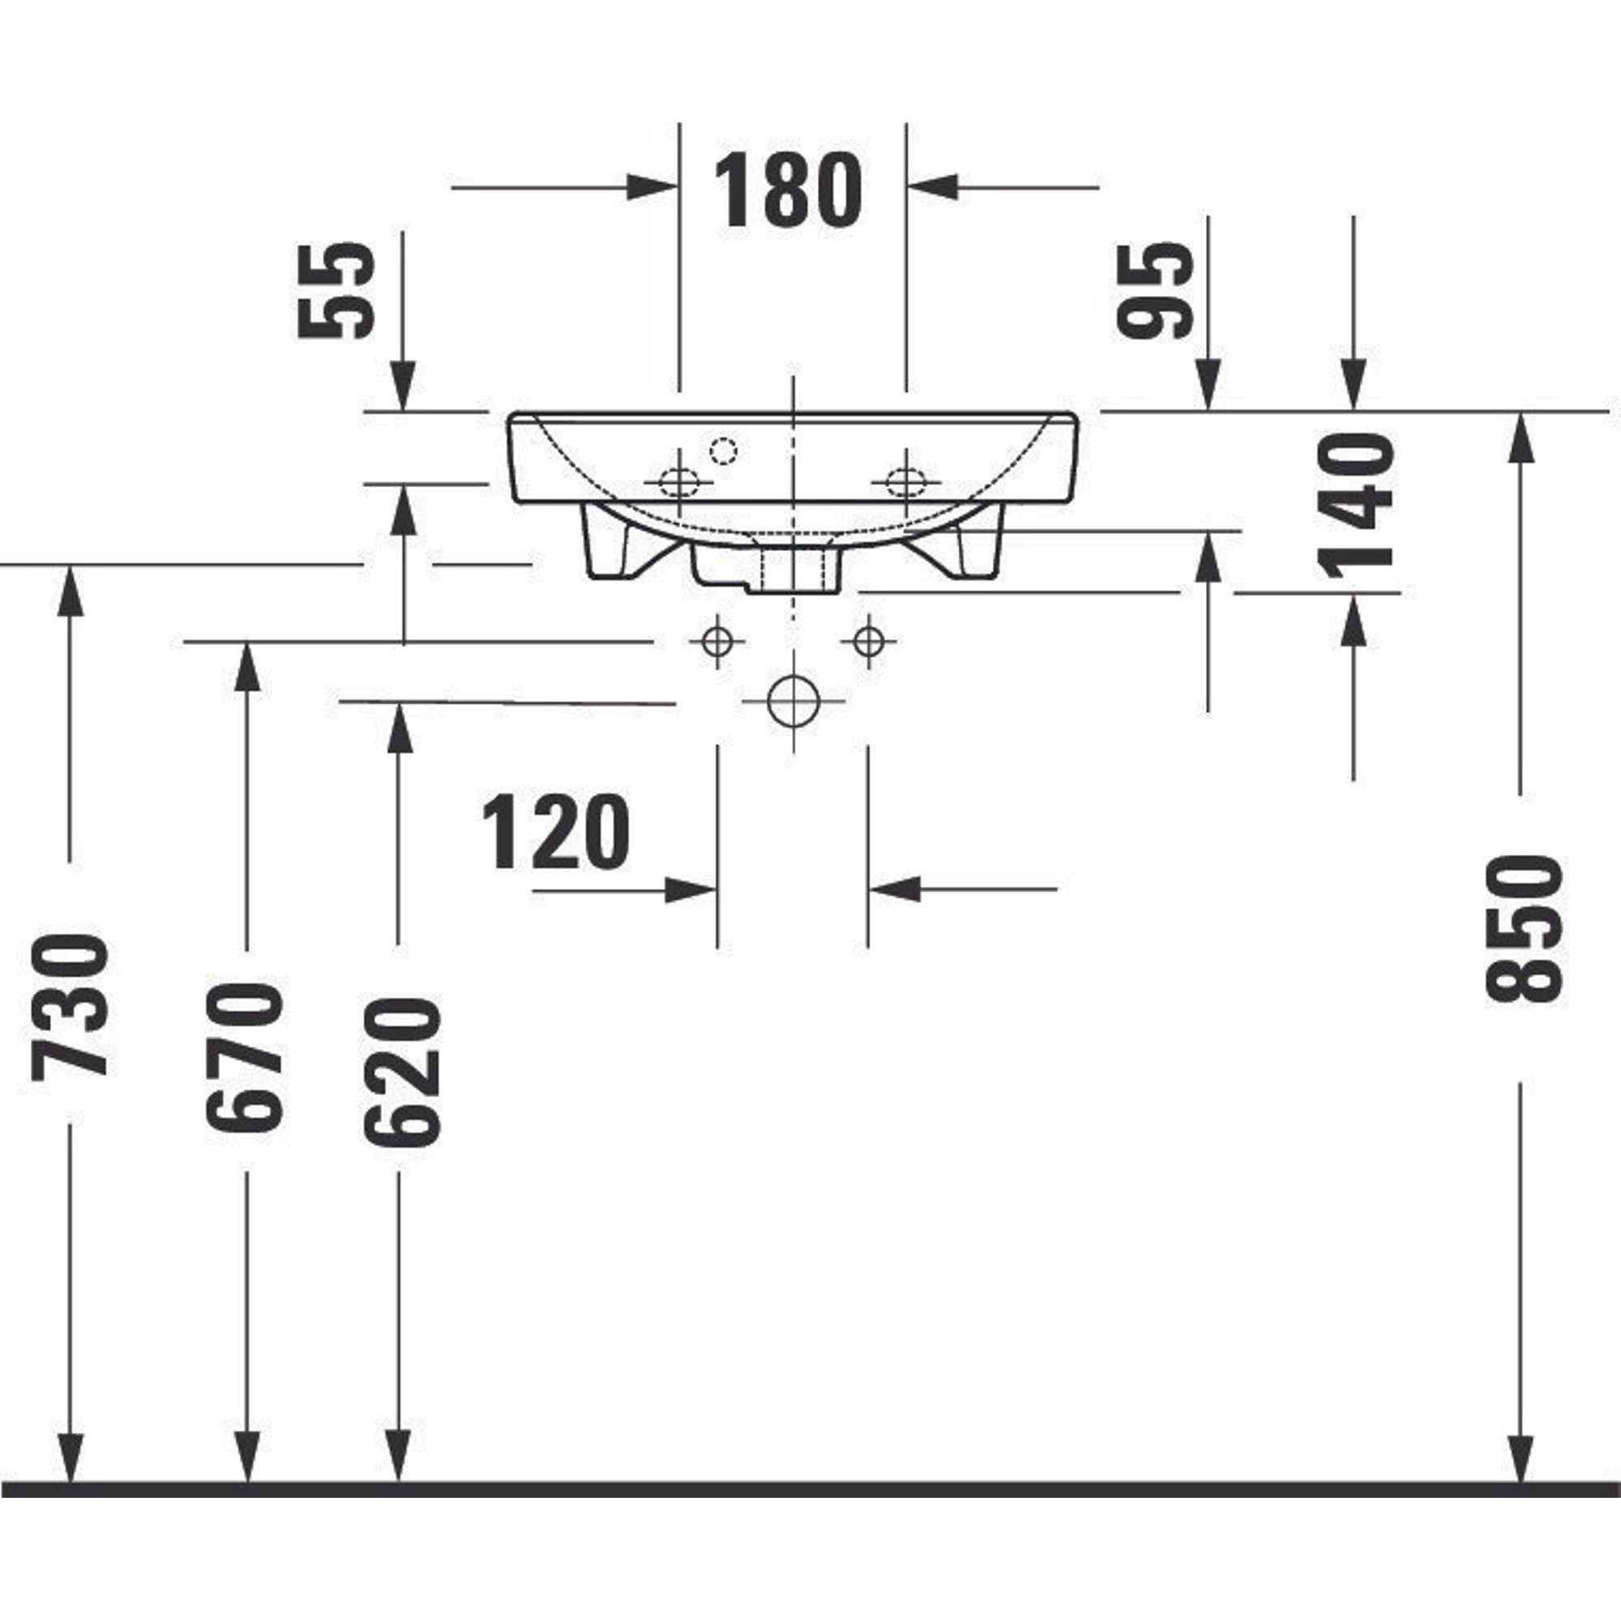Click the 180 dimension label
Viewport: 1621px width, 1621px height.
(787, 190)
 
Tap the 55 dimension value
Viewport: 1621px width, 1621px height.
(336, 290)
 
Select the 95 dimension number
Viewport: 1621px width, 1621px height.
(1155, 289)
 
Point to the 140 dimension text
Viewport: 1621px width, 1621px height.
(1356, 506)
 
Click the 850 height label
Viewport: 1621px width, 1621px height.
(1524, 929)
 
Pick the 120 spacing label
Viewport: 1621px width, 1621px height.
(555, 832)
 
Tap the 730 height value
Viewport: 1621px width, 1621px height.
(70, 1005)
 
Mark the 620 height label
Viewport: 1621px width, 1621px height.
(402, 1071)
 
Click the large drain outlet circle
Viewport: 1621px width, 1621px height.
(793, 701)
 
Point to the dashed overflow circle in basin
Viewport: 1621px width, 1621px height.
(723, 451)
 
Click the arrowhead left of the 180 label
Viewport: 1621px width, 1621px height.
(652, 187)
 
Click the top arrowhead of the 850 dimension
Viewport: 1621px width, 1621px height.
(1521, 437)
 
